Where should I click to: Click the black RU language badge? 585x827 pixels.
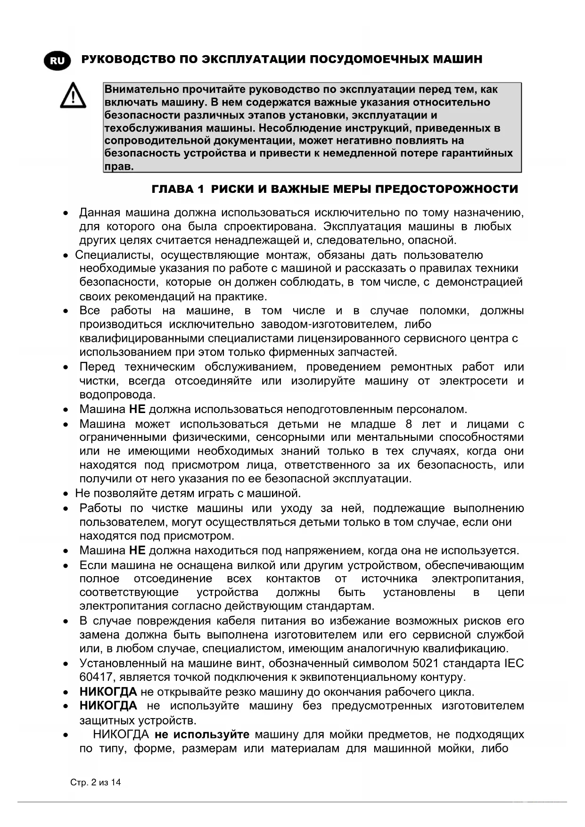(x=57, y=61)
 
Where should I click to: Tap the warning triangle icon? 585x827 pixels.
(x=73, y=96)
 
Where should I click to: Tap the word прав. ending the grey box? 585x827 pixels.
(x=119, y=166)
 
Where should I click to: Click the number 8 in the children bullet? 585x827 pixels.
(x=409, y=424)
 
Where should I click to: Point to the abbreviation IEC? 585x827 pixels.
(x=514, y=663)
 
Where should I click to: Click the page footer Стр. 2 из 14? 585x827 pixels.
(x=95, y=783)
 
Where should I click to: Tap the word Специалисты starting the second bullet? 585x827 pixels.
(x=114, y=255)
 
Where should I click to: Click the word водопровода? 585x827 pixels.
(x=117, y=395)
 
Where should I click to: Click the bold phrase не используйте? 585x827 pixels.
(x=202, y=735)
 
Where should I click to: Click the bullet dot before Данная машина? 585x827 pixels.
(x=66, y=214)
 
